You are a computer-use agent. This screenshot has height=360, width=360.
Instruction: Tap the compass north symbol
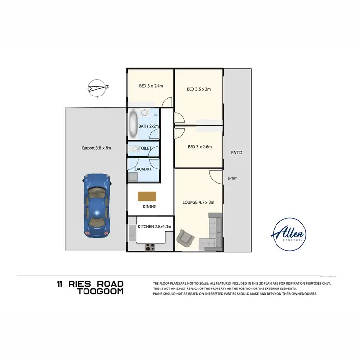[x=98, y=87]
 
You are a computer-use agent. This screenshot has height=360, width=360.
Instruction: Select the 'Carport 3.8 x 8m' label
[x=96, y=148]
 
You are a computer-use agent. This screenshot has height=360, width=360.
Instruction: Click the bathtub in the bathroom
[x=133, y=125]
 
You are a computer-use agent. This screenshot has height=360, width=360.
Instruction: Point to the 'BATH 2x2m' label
[x=148, y=126]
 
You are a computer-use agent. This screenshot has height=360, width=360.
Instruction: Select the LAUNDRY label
[x=143, y=169]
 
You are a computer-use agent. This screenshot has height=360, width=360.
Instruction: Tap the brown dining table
[x=147, y=196]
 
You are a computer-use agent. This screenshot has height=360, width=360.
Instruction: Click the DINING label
[x=149, y=207]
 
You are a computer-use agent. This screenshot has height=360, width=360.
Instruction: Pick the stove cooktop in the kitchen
[x=150, y=247]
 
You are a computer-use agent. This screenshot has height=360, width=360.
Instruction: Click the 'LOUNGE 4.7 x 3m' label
[x=199, y=203]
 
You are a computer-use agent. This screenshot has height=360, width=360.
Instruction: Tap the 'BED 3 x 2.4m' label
[x=151, y=86]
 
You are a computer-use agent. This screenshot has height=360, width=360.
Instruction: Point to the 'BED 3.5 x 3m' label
[x=199, y=89]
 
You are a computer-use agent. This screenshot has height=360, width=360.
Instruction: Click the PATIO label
[x=237, y=152]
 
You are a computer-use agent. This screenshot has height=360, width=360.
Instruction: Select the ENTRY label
[x=232, y=179]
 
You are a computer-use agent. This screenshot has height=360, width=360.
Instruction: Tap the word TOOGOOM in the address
[x=100, y=291]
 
